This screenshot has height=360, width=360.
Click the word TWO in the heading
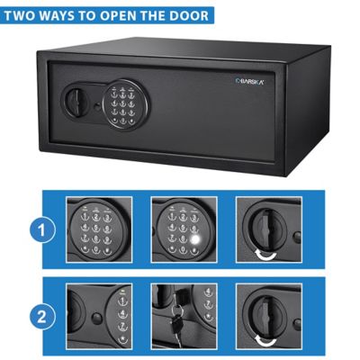point(28,15)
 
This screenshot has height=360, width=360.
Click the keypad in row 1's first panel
point(98,231)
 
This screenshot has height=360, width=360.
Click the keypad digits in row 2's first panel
point(121,317)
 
